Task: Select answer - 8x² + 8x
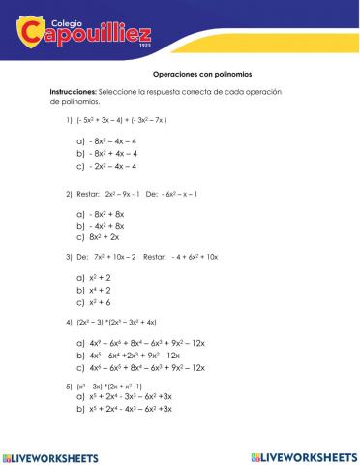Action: (x=106, y=213)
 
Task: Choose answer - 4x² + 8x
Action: (x=106, y=225)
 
